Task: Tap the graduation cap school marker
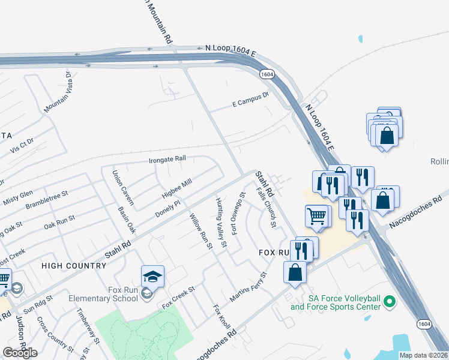click(152, 277)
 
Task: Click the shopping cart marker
click(316, 215)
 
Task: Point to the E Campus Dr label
click(250, 104)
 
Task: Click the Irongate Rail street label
click(167, 160)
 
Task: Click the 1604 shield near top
click(267, 73)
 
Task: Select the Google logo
click(20, 353)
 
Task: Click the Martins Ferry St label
click(248, 287)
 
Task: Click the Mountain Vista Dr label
click(58, 92)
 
